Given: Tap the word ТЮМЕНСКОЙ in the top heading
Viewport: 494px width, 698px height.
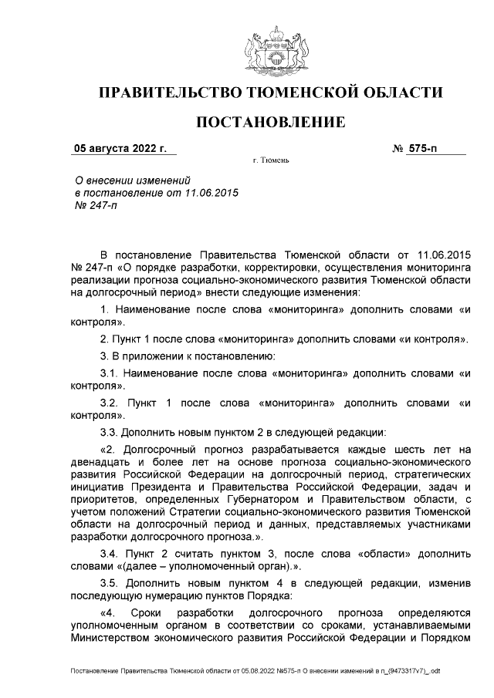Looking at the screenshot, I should [x=312, y=93].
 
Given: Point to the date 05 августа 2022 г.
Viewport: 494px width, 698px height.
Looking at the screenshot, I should [x=113, y=148].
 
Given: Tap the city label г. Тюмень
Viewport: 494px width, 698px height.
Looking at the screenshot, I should [x=270, y=163].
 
